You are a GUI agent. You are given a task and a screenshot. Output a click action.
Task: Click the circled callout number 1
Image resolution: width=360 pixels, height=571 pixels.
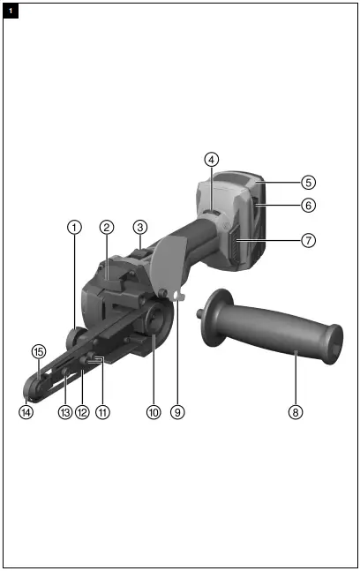click(x=75, y=227)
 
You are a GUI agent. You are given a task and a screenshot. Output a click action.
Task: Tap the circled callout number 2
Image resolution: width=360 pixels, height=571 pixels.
click(x=106, y=227)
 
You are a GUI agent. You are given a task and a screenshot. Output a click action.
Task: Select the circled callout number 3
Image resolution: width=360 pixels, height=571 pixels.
click(x=139, y=227)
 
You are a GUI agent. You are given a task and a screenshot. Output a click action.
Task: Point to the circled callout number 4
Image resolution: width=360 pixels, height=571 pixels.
click(x=211, y=160)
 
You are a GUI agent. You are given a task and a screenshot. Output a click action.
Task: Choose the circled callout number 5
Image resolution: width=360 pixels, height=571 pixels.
click(x=307, y=183)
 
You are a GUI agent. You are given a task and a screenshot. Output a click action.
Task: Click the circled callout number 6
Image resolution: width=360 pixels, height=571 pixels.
click(x=307, y=205)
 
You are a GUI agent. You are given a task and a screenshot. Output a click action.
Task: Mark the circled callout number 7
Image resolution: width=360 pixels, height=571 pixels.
click(x=307, y=239)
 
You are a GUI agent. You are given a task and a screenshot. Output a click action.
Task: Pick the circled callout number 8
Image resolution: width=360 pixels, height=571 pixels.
click(x=296, y=410)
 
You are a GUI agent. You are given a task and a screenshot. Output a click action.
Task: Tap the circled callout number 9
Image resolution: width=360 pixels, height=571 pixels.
click(x=178, y=410)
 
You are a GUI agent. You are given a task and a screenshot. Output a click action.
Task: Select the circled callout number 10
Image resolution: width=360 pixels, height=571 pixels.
click(x=154, y=410)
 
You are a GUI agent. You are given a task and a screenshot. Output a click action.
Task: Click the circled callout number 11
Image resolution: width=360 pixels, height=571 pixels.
click(x=102, y=410)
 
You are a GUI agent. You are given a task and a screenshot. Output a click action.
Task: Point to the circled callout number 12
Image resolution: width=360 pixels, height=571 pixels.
click(x=82, y=410)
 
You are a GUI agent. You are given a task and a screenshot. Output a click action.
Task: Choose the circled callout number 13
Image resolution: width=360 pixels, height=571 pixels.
click(x=64, y=410)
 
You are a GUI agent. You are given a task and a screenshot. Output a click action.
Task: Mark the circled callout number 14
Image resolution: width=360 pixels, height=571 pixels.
click(x=26, y=410)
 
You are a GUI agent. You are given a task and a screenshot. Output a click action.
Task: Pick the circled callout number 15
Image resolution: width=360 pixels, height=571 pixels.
click(x=38, y=351)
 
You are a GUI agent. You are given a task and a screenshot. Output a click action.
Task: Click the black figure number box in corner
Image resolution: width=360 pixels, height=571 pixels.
click(x=11, y=10)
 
